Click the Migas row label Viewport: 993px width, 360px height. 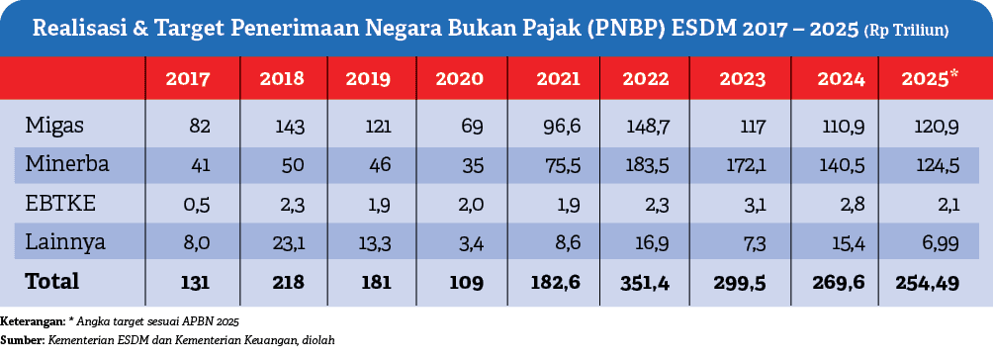point(53,126)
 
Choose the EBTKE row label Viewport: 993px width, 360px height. point(56,203)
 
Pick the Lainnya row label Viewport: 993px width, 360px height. point(62,241)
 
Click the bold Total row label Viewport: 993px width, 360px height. point(52,281)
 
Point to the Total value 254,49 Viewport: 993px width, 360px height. point(927,281)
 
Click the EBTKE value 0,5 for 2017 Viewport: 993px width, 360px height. point(188,203)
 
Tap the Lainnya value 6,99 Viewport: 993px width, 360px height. point(938,241)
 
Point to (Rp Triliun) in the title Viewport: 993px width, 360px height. point(907,31)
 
